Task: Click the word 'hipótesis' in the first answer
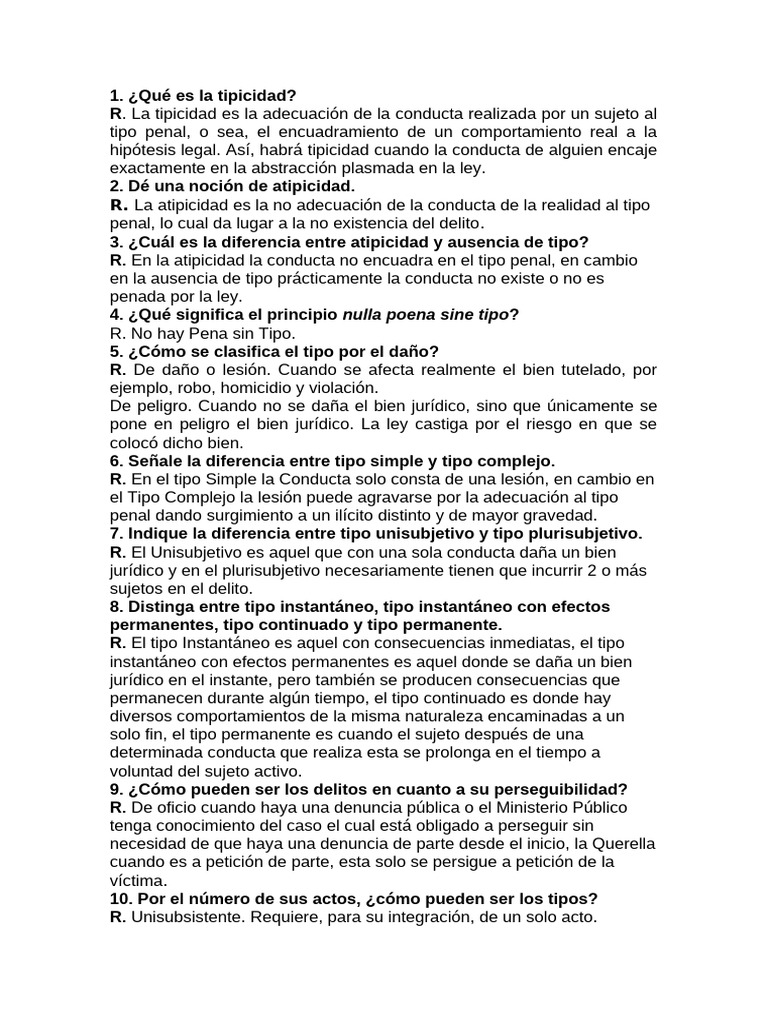(142, 150)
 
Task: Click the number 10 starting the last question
(119, 898)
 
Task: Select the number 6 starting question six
(114, 461)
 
